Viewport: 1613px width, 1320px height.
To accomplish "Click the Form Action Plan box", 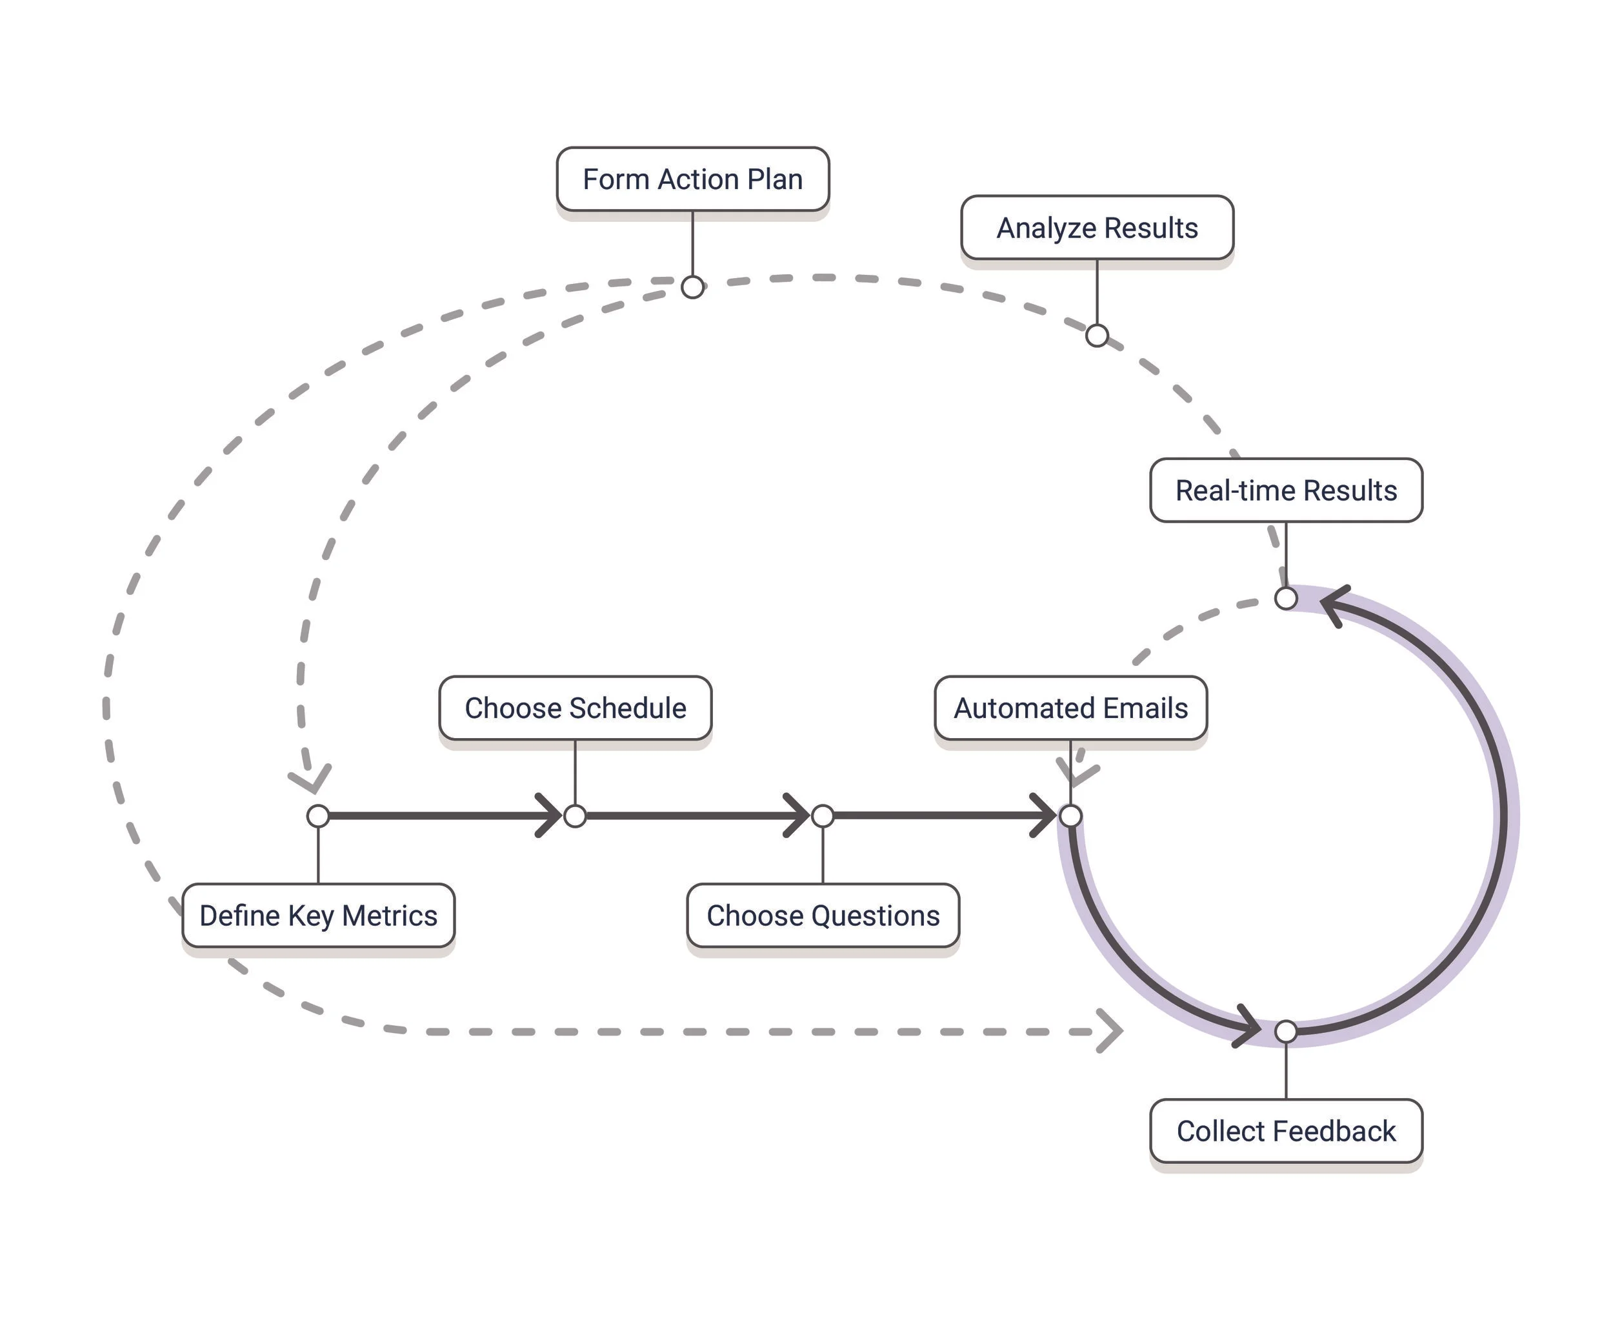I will tap(692, 179).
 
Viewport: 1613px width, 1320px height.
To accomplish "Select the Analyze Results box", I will tap(1097, 228).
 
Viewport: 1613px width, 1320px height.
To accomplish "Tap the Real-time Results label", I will tap(1285, 490).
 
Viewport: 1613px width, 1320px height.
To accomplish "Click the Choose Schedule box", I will tap(575, 708).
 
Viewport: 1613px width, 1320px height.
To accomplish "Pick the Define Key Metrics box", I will tap(318, 915).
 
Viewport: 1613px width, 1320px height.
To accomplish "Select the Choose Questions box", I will tap(823, 915).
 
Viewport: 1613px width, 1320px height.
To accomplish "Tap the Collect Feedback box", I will tap(1285, 1131).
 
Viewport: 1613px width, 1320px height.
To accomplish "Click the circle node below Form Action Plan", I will tap(692, 288).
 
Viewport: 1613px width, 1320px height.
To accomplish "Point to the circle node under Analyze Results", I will tap(1097, 335).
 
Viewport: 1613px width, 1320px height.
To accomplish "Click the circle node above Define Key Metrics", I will tap(318, 816).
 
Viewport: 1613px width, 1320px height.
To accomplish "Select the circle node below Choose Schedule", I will tap(575, 816).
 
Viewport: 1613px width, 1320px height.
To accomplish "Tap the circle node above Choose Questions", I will tap(823, 816).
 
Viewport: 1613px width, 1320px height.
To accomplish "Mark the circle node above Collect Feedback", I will tap(1285, 1032).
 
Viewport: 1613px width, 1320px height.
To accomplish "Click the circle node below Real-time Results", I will tap(1285, 599).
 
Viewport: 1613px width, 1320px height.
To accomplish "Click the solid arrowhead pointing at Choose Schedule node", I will tap(549, 816).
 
